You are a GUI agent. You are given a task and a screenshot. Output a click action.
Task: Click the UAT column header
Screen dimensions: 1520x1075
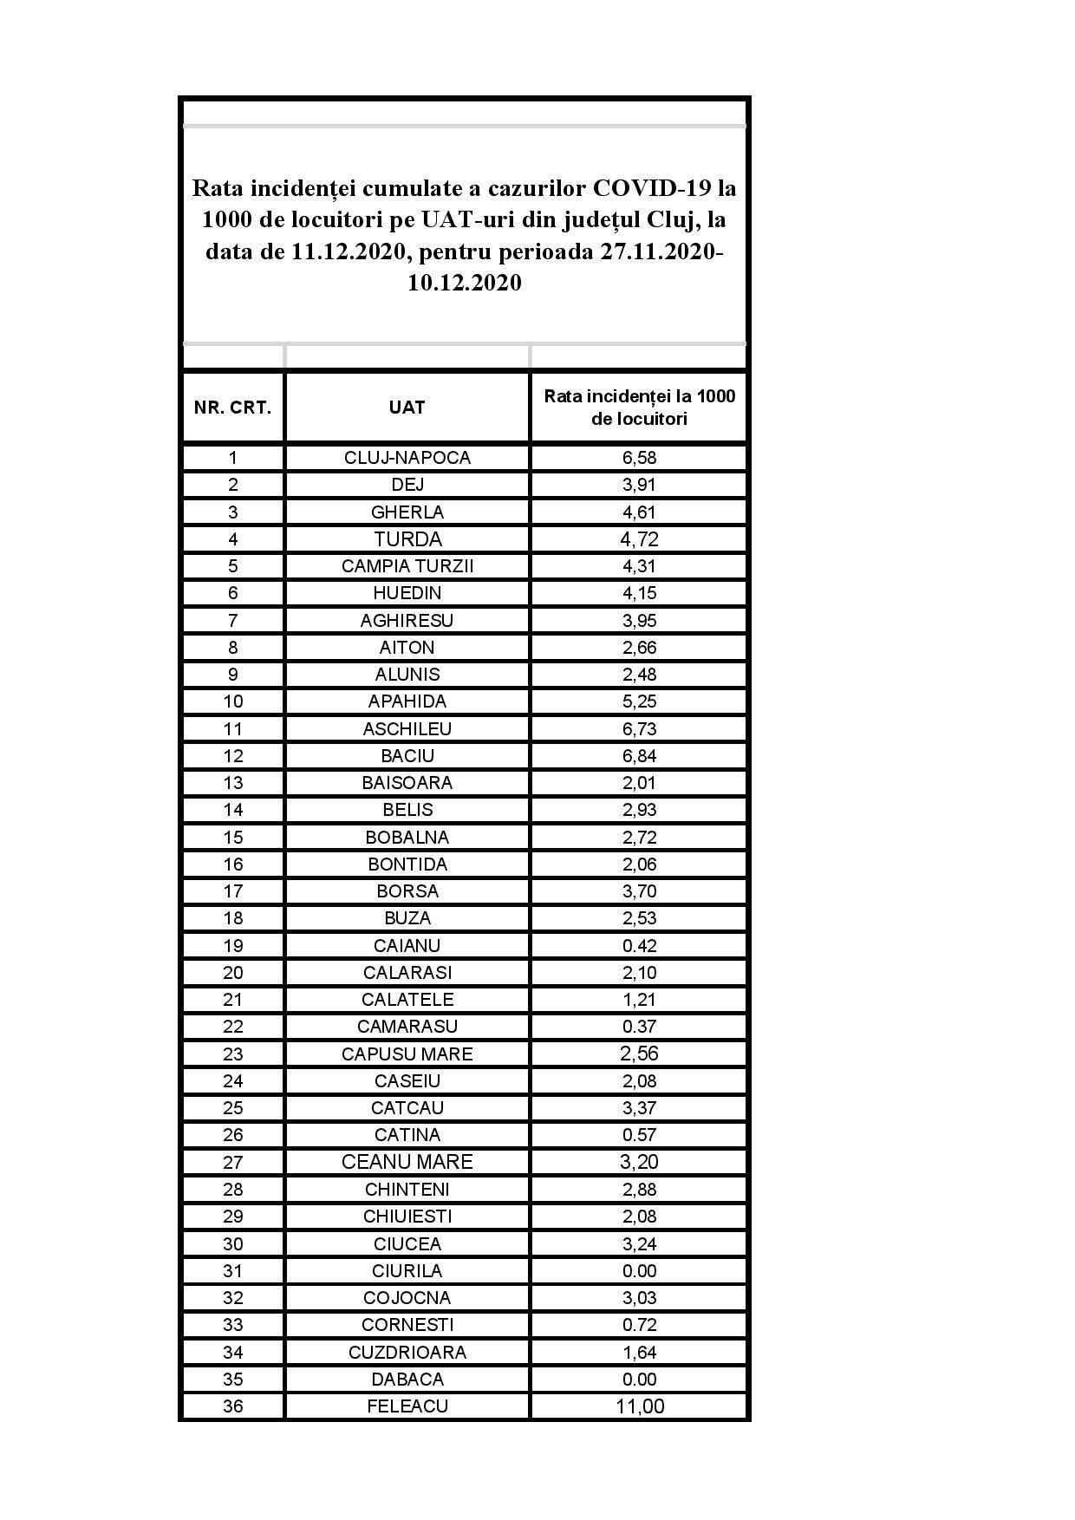pyautogui.click(x=407, y=408)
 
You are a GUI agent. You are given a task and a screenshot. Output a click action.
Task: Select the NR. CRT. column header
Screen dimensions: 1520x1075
pyautogui.click(x=232, y=408)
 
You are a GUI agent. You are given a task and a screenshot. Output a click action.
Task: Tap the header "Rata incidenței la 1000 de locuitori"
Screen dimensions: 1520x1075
pyautogui.click(x=639, y=408)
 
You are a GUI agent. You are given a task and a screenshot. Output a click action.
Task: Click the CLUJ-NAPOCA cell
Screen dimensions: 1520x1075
pyautogui.click(x=407, y=458)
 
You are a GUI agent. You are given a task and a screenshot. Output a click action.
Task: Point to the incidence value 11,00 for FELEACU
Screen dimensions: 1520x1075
pyautogui.click(x=639, y=1406)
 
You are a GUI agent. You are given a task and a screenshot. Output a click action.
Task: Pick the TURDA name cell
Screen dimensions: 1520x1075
pyautogui.click(x=407, y=539)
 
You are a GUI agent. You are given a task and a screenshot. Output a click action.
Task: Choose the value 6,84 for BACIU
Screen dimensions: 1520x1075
pyautogui.click(x=639, y=756)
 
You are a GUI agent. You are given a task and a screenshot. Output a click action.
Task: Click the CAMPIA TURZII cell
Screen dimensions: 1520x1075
pyautogui.click(x=407, y=566)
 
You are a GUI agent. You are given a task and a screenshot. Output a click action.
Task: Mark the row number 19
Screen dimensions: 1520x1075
pyautogui.click(x=232, y=946)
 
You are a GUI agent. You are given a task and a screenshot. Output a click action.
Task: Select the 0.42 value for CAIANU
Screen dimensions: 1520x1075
pyautogui.click(x=639, y=946)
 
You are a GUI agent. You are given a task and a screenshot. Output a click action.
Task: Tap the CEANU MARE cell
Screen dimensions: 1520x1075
pyautogui.click(x=407, y=1162)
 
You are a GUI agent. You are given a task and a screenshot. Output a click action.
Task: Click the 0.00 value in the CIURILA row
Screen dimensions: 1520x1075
pyautogui.click(x=639, y=1271)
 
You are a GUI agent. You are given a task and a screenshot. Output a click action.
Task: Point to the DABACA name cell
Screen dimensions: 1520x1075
pyautogui.click(x=407, y=1380)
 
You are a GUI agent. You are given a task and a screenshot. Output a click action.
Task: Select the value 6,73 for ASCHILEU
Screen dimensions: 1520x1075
pyautogui.click(x=639, y=729)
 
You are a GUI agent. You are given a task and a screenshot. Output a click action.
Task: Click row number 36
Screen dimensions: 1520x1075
pyautogui.click(x=232, y=1406)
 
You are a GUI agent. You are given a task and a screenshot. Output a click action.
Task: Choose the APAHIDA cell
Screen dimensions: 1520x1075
pyautogui.click(x=407, y=701)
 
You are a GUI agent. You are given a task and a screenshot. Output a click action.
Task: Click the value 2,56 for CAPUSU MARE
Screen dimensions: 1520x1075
pyautogui.click(x=639, y=1054)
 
